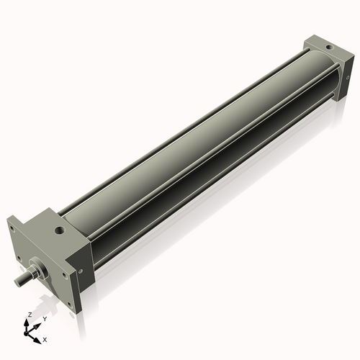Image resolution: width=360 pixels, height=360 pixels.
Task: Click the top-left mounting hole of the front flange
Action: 12,230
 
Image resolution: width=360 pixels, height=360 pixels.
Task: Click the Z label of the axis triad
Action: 29,315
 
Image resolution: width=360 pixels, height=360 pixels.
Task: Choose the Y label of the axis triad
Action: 45,318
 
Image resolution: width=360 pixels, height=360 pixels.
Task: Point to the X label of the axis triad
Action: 45,338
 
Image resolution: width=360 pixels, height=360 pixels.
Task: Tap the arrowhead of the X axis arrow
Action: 39,336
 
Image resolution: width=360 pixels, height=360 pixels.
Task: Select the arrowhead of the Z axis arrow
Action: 29,321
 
